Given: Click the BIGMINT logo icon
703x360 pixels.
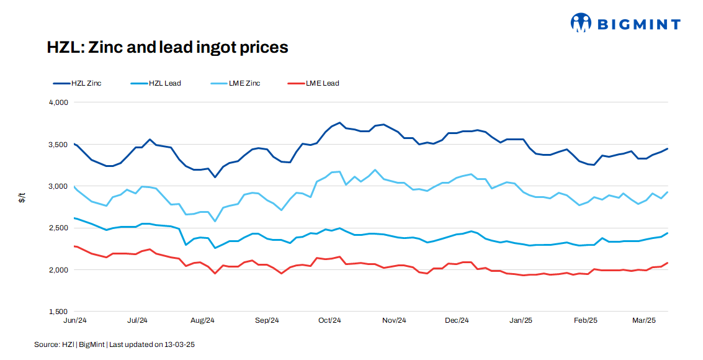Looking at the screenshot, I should (581, 24).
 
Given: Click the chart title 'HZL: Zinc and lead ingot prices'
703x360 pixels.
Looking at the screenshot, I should (168, 47).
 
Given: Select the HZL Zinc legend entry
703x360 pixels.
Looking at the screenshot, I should (78, 83).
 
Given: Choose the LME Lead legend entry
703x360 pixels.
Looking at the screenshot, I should (313, 83).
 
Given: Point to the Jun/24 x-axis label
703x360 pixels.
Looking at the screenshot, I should (74, 321).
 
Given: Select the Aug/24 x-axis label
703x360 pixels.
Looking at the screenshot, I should (202, 321).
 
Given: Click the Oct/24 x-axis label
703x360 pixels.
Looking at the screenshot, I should (329, 321).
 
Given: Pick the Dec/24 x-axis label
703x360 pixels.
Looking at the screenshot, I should (457, 321).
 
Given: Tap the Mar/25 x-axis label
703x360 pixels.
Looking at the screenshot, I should (644, 321).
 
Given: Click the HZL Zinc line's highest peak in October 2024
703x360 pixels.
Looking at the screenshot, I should (339, 123).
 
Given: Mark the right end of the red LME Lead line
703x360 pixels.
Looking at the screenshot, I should (667, 263).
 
